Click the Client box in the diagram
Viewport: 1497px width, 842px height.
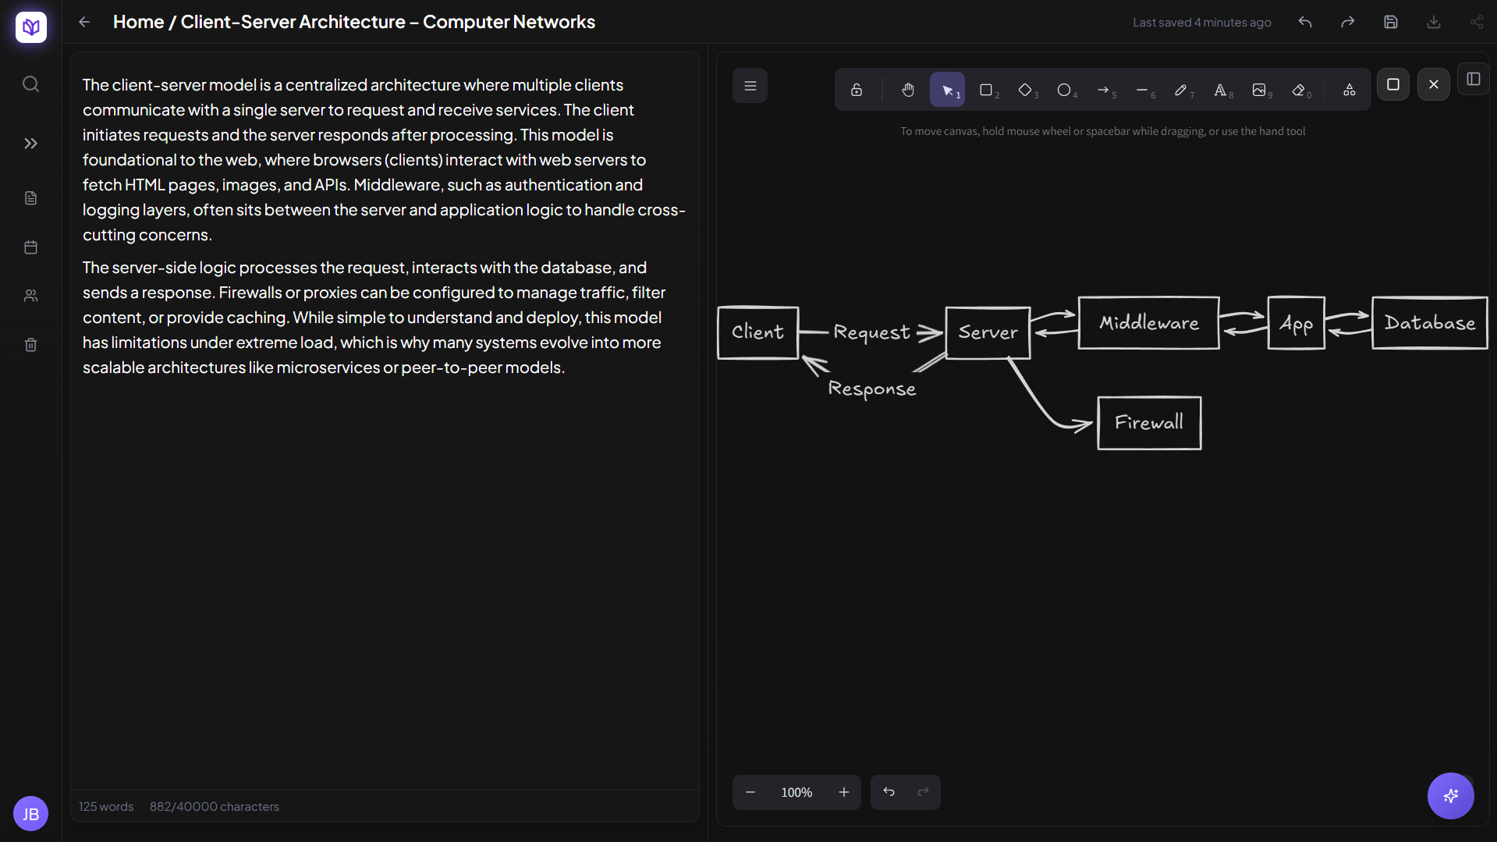tap(757, 332)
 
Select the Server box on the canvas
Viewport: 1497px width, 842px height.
tap(988, 333)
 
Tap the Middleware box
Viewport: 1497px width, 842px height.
tap(1148, 323)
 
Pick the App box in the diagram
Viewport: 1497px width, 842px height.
tap(1296, 323)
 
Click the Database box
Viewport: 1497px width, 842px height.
tap(1429, 323)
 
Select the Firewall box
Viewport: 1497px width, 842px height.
tap(1149, 423)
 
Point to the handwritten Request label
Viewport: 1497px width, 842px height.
tap(871, 332)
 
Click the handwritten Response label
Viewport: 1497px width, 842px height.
tap(871, 389)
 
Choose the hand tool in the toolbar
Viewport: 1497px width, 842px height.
tap(908, 91)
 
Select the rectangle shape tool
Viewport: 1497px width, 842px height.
tap(987, 91)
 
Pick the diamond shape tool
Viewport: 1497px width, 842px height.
tap(1026, 91)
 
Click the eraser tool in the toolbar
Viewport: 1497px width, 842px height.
tap(1299, 91)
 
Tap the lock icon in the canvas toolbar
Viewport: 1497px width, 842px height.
tap(857, 91)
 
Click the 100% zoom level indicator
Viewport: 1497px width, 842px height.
tap(796, 793)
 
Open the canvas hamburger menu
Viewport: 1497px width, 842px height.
tap(750, 86)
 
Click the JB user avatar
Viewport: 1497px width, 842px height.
tap(30, 815)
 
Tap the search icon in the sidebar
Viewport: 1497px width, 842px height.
tap(30, 83)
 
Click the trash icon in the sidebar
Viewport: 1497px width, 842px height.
tap(30, 345)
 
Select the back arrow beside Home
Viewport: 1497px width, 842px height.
tap(84, 23)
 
